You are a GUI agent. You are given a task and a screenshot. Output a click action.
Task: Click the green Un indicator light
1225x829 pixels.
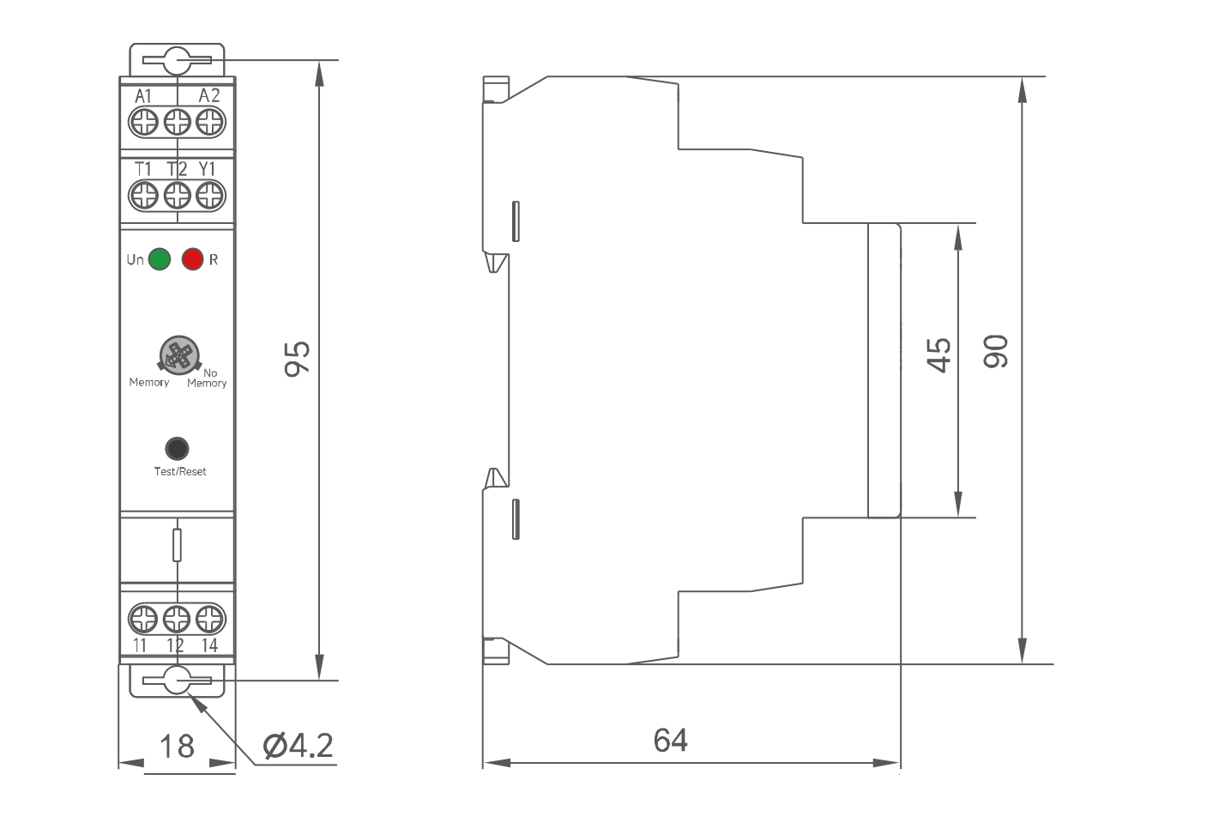[x=160, y=259]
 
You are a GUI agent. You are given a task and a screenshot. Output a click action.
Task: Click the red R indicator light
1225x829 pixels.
[x=193, y=259]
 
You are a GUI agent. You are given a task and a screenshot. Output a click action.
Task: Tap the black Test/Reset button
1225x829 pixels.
[x=177, y=448]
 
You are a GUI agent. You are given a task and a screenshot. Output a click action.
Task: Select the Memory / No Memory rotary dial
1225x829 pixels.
[x=178, y=355]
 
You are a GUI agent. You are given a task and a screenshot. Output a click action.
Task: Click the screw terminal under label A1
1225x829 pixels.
[x=144, y=121]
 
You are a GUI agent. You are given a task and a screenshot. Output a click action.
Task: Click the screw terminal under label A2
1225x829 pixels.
[x=209, y=121]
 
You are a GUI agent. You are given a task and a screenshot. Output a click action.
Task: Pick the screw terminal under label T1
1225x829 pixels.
[x=144, y=195]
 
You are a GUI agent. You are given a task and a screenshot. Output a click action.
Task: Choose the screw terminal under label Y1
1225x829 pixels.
[x=209, y=195]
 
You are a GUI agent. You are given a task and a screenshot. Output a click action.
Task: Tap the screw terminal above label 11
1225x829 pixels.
[x=143, y=619]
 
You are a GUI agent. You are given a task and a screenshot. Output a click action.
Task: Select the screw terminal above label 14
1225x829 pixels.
[x=209, y=619]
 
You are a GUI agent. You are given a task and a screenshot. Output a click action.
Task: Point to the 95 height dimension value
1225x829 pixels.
[x=297, y=358]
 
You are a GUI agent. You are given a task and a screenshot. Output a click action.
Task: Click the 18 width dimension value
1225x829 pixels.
[x=177, y=746]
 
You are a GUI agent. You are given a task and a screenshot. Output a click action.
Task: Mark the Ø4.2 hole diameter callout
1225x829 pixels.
[x=298, y=745]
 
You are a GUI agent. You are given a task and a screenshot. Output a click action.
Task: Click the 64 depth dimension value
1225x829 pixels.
[x=670, y=740]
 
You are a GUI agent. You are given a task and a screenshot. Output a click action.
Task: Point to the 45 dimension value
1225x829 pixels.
[x=939, y=354]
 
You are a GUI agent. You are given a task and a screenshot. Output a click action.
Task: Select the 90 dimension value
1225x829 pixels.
[x=995, y=352]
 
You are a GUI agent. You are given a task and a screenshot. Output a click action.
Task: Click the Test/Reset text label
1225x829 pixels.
[x=180, y=471]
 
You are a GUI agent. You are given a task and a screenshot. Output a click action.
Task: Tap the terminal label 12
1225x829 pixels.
[x=175, y=645]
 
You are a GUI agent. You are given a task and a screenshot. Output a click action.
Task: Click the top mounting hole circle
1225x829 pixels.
[x=177, y=61]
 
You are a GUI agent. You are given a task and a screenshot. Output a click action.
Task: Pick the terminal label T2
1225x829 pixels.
[x=176, y=169]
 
